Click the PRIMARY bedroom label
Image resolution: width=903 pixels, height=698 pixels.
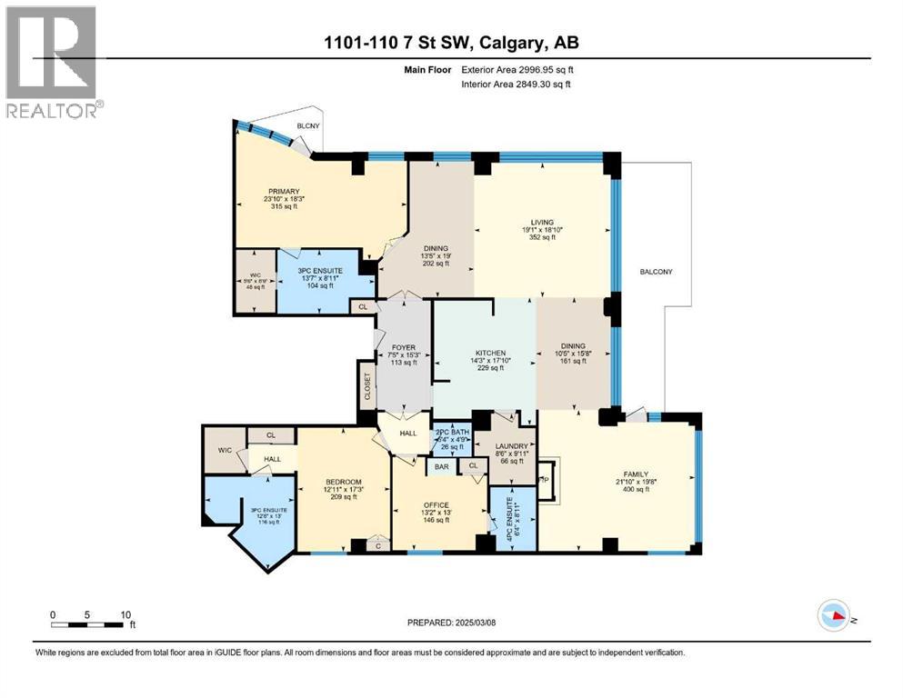coord(283,191)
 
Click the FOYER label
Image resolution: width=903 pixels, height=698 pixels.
coord(403,347)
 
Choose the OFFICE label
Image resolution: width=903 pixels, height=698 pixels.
coord(436,504)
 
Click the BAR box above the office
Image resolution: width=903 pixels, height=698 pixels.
coord(442,467)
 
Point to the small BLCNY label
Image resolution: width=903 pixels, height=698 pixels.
coord(305,127)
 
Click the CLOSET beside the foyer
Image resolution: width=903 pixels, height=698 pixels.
coord(366,384)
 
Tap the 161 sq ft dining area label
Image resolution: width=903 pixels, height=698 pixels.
coord(573,345)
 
